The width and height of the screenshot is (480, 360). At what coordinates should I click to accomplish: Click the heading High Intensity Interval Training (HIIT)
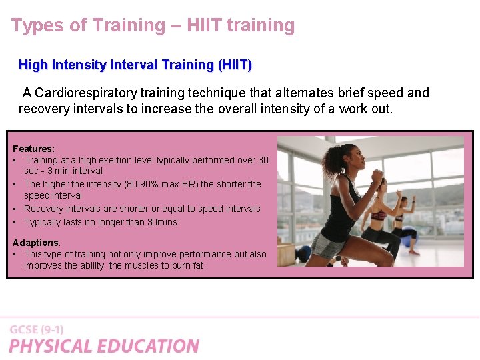[x=135, y=65]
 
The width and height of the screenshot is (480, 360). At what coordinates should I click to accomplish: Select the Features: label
[x=33, y=149]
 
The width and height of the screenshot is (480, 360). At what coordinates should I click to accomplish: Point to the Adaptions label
[x=36, y=243]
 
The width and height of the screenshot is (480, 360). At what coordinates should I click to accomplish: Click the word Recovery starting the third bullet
[x=44, y=209]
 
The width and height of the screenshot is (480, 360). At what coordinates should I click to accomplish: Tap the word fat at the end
[x=198, y=265]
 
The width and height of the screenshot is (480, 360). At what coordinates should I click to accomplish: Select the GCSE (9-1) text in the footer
[x=36, y=329]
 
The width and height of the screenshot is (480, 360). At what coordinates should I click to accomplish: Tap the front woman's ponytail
[x=331, y=161]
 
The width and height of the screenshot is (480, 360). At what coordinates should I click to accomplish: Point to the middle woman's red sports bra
[x=379, y=215]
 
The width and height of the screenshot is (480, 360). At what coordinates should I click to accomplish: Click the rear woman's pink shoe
[x=413, y=252]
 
